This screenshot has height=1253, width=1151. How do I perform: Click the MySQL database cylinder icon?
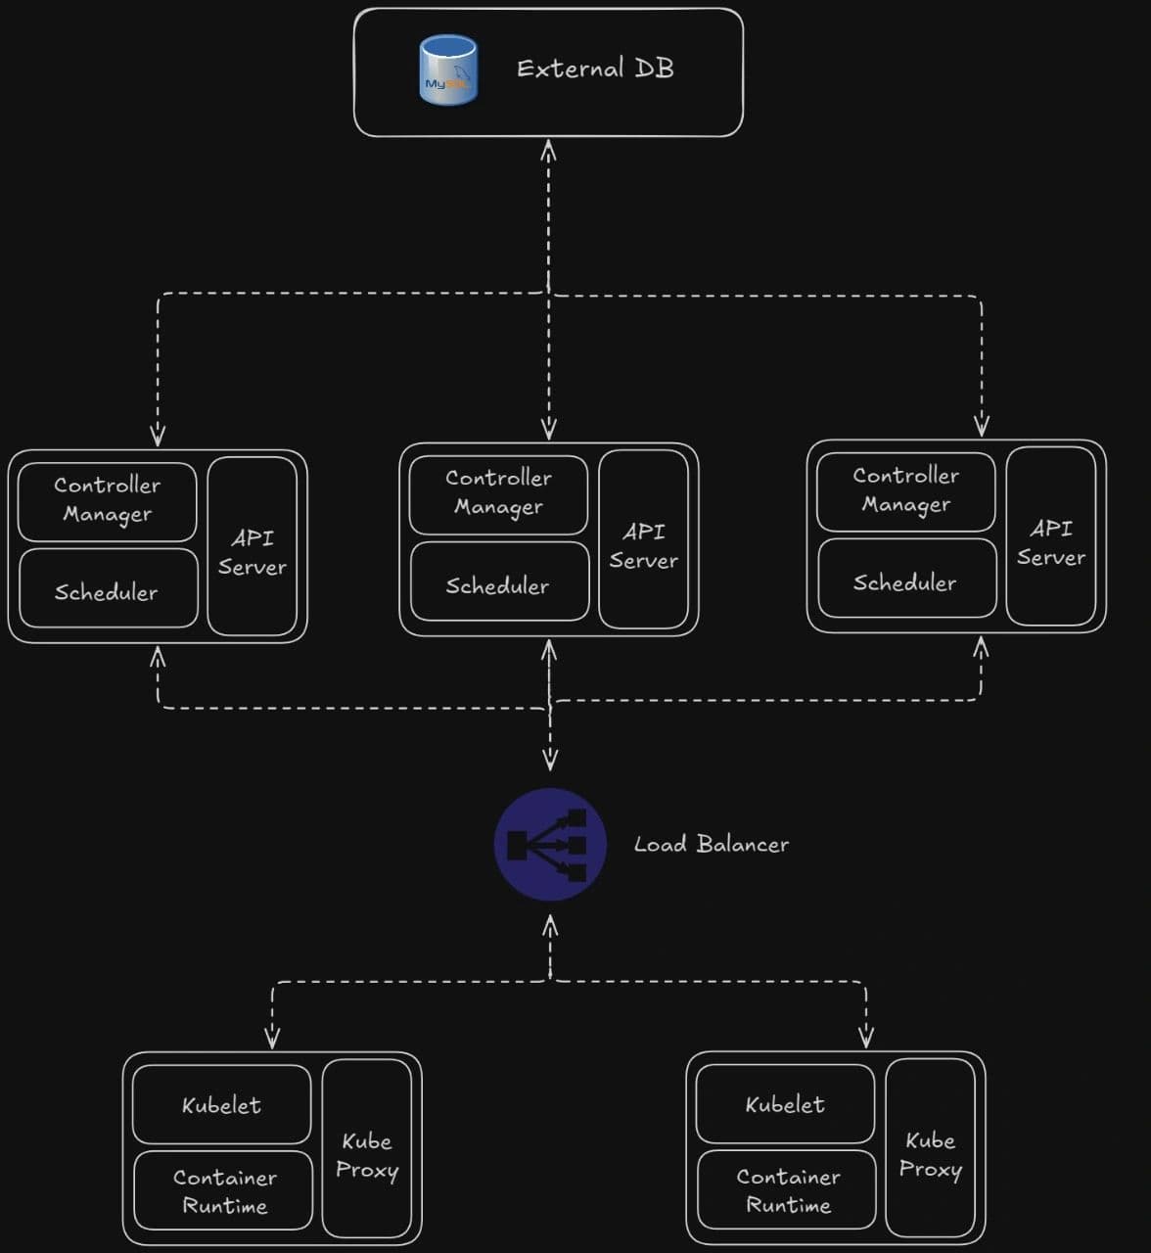pos(447,69)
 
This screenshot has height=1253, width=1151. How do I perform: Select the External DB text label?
pos(595,69)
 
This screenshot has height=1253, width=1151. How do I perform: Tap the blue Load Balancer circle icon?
pos(549,844)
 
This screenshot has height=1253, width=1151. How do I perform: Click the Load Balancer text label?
pos(711,844)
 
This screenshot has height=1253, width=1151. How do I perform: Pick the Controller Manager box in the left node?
pos(107,501)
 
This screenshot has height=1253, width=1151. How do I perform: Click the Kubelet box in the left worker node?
pos(221,1104)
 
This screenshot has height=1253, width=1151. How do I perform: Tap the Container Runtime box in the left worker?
pos(223,1190)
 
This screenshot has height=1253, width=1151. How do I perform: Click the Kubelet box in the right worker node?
pos(785,1103)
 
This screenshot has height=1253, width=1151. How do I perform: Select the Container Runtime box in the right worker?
pos(787,1189)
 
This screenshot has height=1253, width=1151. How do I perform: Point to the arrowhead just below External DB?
pos(548,150)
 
